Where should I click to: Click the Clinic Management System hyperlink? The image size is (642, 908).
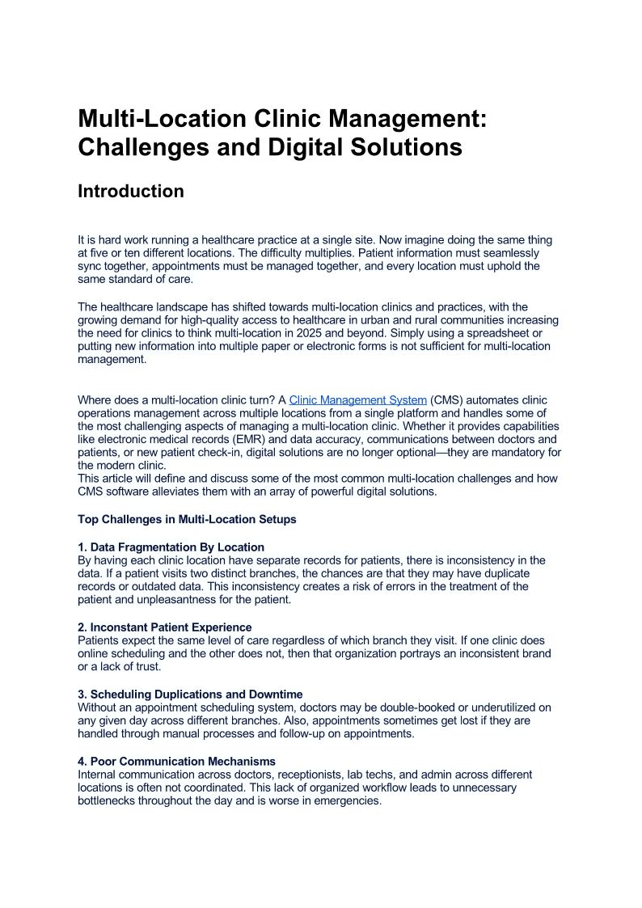click(357, 400)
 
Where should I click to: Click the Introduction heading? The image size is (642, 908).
click(130, 192)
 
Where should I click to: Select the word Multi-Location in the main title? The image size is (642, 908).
click(162, 119)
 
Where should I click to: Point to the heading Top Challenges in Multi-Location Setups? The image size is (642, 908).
click(187, 519)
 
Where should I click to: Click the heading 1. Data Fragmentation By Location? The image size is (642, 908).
click(171, 547)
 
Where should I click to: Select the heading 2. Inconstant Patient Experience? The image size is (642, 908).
click(165, 627)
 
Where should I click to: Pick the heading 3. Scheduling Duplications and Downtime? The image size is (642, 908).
click(190, 695)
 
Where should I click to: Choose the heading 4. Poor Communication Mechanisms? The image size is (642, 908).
click(176, 762)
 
